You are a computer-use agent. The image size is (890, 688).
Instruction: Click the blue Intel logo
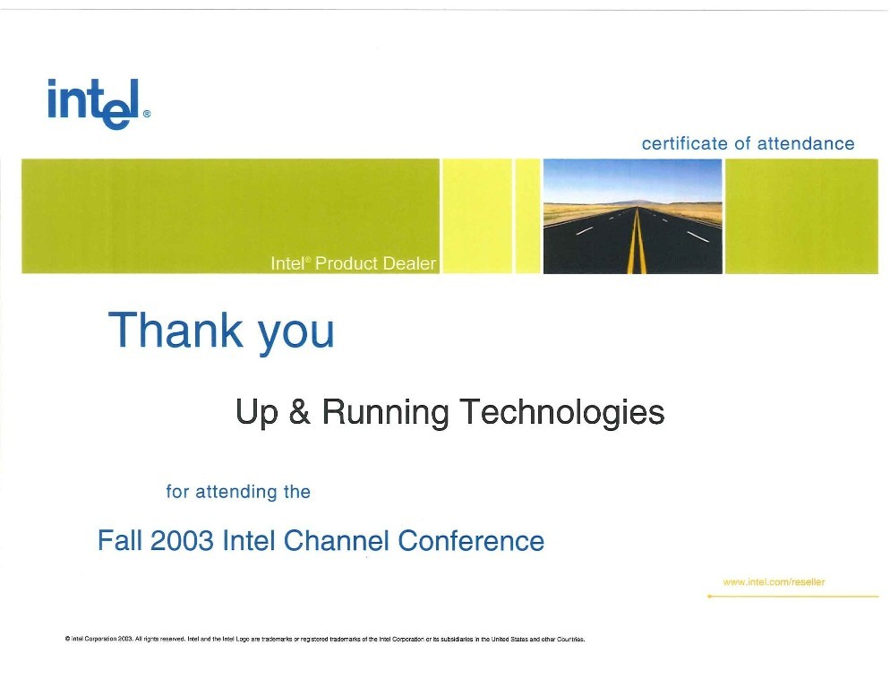pos(94,103)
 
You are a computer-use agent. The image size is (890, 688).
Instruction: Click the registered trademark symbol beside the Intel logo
pos(147,114)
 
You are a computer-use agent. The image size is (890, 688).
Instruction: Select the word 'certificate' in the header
pos(685,143)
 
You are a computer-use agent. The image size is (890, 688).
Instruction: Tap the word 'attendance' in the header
pos(806,143)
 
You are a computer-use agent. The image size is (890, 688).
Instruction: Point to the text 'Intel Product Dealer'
pos(353,263)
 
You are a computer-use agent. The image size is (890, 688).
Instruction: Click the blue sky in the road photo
pos(632,179)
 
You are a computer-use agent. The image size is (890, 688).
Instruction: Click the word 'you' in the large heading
pos(296,335)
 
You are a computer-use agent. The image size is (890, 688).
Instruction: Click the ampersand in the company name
pos(300,411)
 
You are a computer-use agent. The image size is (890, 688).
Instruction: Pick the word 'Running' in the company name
pos(385,413)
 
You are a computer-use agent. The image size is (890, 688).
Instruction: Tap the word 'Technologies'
pos(562,413)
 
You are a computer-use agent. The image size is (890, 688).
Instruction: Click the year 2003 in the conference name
pos(182,540)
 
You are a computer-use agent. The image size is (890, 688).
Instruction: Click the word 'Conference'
pos(471,540)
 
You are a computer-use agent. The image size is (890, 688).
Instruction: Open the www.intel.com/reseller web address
pos(774,581)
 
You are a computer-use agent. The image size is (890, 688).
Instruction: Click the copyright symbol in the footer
pos(67,639)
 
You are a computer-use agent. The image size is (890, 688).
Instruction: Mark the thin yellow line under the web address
pos(793,597)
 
